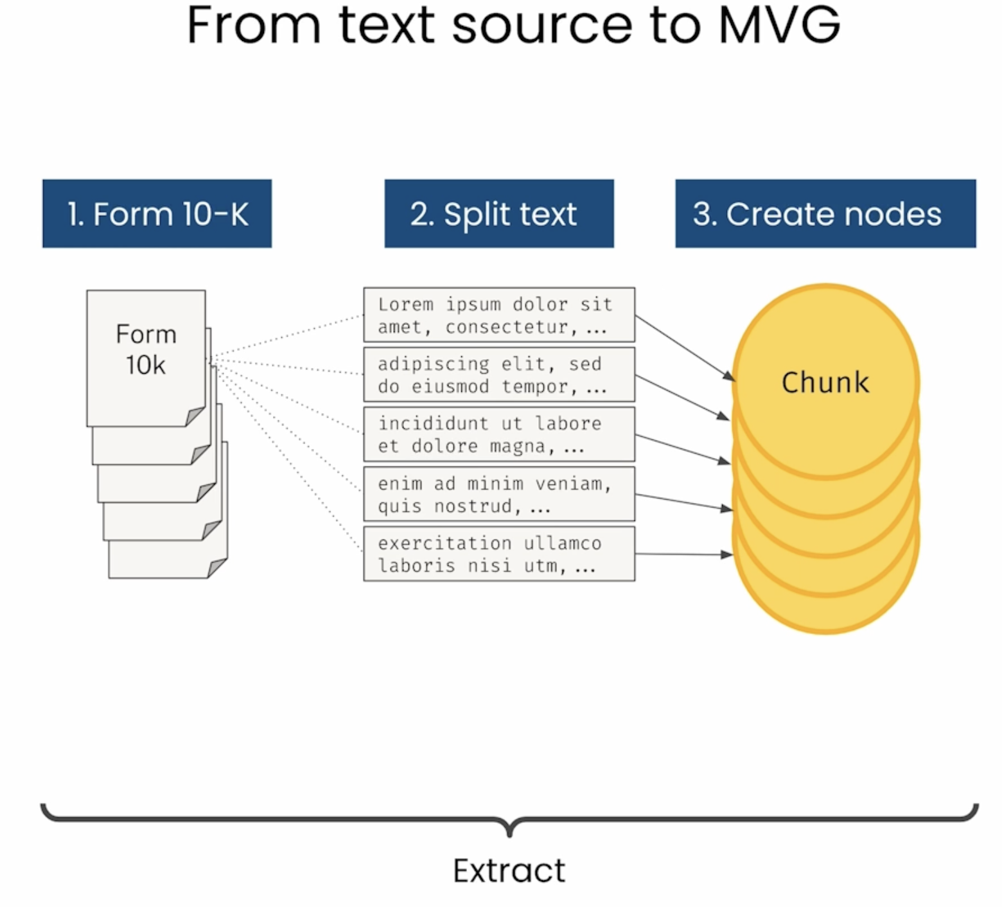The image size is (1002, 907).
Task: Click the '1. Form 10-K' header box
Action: [x=157, y=213]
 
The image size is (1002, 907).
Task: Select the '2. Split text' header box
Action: [x=499, y=213]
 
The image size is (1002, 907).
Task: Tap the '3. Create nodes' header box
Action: [x=825, y=213]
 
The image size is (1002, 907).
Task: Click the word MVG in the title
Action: [x=779, y=25]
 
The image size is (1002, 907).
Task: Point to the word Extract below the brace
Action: [x=509, y=870]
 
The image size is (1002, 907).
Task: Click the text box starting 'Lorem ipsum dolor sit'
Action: [x=499, y=315]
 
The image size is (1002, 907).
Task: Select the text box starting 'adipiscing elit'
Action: [x=499, y=374]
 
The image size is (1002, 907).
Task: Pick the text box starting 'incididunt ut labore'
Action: [x=499, y=434]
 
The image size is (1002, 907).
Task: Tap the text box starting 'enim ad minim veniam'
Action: [x=499, y=494]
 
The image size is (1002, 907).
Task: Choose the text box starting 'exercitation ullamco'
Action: [x=499, y=554]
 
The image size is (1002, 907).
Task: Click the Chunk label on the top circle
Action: [x=825, y=382]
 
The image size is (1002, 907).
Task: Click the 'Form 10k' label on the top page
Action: [x=146, y=349]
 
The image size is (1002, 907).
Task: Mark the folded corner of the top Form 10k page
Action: [x=195, y=416]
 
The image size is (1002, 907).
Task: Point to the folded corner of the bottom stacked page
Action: [x=217, y=568]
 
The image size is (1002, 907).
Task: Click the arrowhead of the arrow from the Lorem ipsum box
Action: [x=729, y=376]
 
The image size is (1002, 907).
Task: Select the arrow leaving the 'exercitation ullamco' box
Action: [x=684, y=554]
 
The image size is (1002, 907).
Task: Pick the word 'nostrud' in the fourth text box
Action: [x=473, y=506]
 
